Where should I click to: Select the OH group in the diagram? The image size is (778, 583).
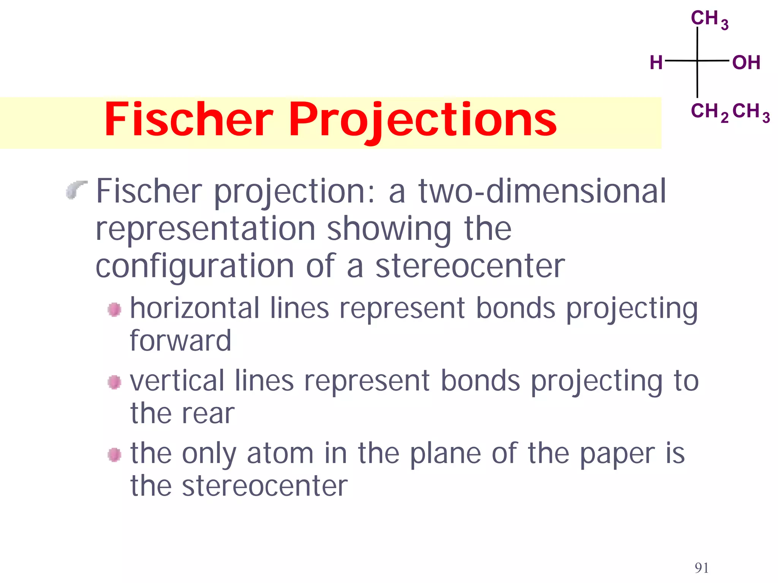tap(746, 63)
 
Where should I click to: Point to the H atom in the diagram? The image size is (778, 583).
tap(656, 63)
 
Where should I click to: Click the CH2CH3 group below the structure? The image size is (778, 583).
tap(730, 112)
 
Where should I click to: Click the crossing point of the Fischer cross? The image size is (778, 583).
tap(697, 61)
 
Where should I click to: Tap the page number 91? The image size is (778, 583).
tap(701, 568)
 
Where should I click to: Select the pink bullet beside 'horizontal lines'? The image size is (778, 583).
tap(114, 309)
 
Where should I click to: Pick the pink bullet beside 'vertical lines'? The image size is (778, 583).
tap(114, 382)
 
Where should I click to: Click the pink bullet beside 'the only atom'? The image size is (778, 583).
tap(114, 454)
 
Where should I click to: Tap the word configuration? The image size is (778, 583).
tap(195, 266)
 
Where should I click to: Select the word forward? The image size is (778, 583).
tap(180, 340)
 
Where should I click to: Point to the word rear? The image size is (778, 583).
tap(208, 413)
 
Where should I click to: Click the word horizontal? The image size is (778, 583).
tap(195, 308)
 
